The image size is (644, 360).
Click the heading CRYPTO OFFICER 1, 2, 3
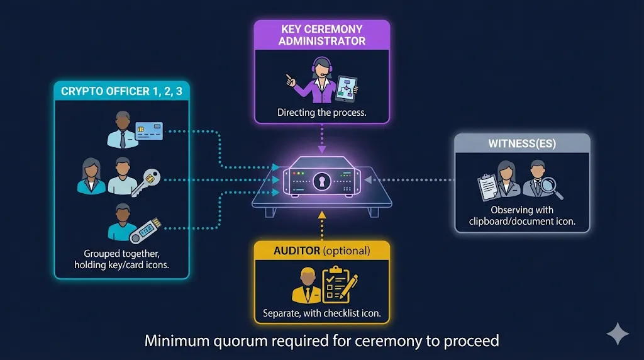(121, 91)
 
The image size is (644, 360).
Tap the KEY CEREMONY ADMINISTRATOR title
(321, 35)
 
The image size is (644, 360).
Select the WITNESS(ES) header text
(522, 144)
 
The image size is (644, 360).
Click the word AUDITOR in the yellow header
(297, 250)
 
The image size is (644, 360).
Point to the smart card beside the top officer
(149, 131)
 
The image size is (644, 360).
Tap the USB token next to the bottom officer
(145, 230)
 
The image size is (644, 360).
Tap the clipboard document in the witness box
(488, 186)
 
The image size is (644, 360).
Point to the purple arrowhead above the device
(322, 149)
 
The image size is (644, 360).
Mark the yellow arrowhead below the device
(322, 216)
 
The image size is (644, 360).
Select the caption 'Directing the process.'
(321, 113)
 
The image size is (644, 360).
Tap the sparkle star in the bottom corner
(616, 333)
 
